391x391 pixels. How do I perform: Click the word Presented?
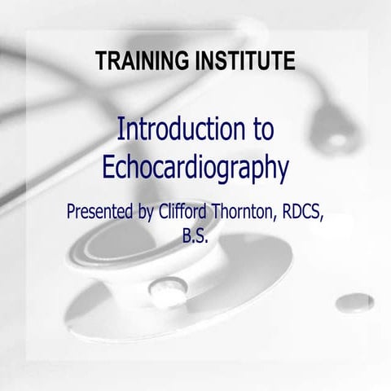(x=102, y=214)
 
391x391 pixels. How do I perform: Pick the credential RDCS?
(x=308, y=213)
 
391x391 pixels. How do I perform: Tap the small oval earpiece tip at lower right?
(x=354, y=302)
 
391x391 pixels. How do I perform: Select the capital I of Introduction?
(x=121, y=130)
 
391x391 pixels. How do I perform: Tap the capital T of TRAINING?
(x=100, y=59)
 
